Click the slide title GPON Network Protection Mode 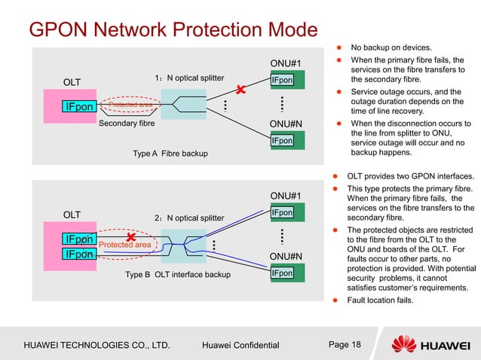click(173, 31)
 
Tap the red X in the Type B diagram click(131, 239)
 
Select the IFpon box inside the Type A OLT click(79, 107)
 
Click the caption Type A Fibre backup click(170, 154)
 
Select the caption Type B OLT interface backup click(178, 275)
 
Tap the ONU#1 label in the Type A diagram click(286, 63)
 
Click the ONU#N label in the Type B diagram click(286, 256)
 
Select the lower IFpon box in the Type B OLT click(79, 255)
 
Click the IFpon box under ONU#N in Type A click(283, 140)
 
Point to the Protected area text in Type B click(125, 245)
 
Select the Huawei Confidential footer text click(240, 346)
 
